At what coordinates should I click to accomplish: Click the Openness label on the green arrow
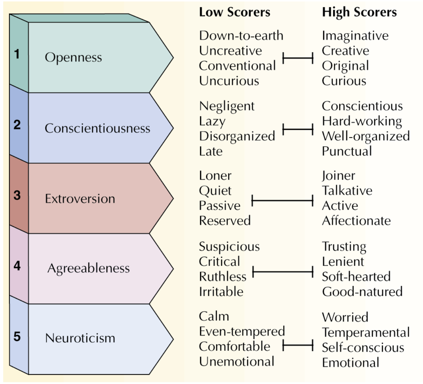pyautogui.click(x=73, y=57)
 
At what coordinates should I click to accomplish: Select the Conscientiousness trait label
pyautogui.click(x=97, y=128)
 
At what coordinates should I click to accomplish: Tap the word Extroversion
pyautogui.click(x=80, y=199)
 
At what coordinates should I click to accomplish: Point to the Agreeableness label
pyautogui.click(x=88, y=268)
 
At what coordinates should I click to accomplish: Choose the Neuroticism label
pyautogui.click(x=80, y=338)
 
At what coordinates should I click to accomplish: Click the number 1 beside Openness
pyautogui.click(x=17, y=54)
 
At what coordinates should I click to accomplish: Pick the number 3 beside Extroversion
pyautogui.click(x=17, y=195)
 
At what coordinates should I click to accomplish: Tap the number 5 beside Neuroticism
pyautogui.click(x=17, y=336)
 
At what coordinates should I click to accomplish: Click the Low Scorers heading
pyautogui.click(x=235, y=12)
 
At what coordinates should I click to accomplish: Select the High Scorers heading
pyautogui.click(x=359, y=12)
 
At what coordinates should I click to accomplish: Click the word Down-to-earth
pyautogui.click(x=241, y=36)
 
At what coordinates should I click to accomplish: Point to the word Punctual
pyautogui.click(x=347, y=151)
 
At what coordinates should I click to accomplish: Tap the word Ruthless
pyautogui.click(x=223, y=277)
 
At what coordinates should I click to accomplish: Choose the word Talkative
pyautogui.click(x=347, y=191)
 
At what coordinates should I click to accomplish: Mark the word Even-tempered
pyautogui.click(x=242, y=332)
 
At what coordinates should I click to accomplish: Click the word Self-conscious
pyautogui.click(x=363, y=348)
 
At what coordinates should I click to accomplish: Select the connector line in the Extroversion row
pyautogui.click(x=282, y=201)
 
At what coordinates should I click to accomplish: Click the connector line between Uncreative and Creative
pyautogui.click(x=298, y=58)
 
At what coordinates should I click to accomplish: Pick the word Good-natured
pyautogui.click(x=362, y=292)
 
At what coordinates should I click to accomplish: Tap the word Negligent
pyautogui.click(x=227, y=106)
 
